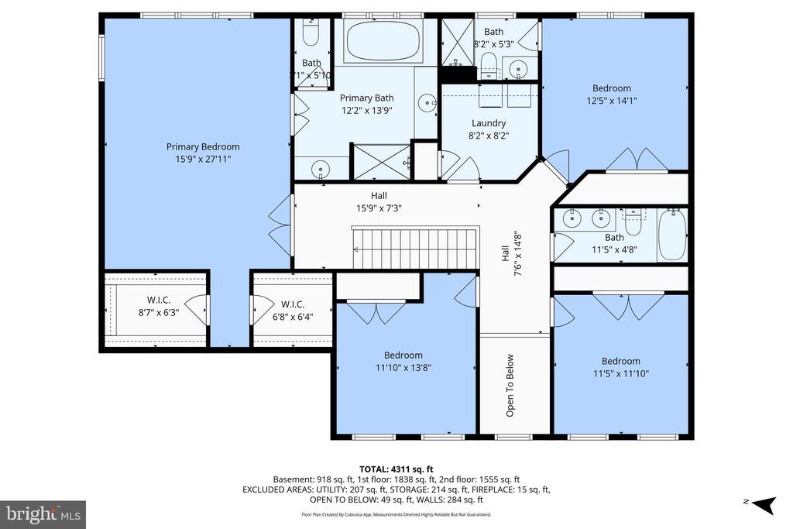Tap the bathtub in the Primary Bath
[383, 41]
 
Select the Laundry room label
[489, 123]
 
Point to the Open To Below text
[510, 385]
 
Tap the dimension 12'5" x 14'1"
[612, 100]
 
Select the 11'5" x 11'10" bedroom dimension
[621, 373]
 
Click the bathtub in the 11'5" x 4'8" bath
[671, 234]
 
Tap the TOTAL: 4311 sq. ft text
[396, 469]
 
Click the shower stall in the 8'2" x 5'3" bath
[455, 43]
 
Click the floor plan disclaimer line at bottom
[396, 514]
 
